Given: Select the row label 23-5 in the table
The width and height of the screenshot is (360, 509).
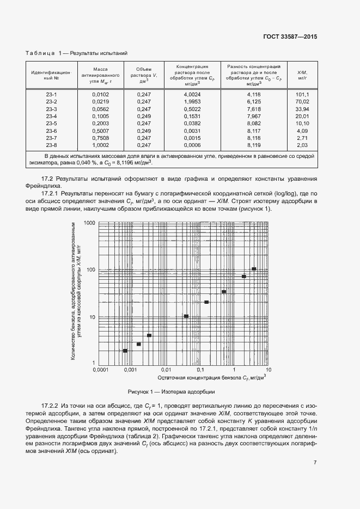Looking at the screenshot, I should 52,124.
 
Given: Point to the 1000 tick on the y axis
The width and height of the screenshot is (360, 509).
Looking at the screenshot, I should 90,223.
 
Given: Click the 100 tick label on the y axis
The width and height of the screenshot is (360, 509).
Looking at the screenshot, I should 91,270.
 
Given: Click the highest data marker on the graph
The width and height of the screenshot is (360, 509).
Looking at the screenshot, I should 254,269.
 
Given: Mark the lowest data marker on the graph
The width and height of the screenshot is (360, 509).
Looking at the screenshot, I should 125,351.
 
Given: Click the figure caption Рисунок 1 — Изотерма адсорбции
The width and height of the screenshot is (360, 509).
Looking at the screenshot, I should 172,391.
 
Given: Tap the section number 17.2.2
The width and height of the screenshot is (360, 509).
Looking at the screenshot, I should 50,406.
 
